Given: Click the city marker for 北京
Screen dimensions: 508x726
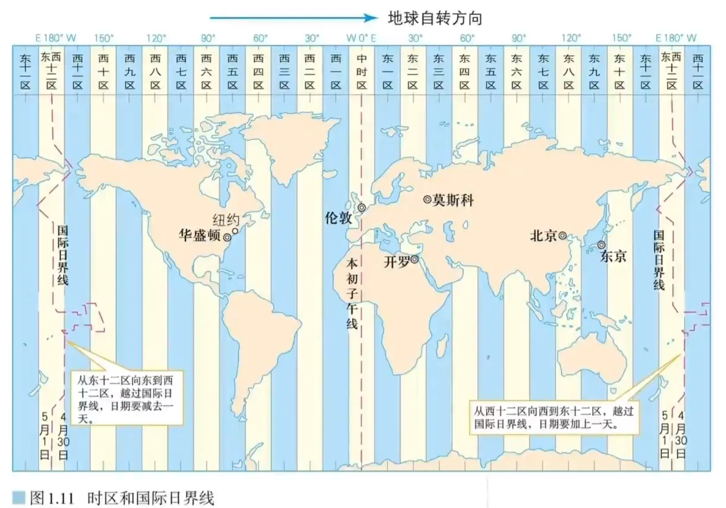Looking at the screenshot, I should pos(563,236).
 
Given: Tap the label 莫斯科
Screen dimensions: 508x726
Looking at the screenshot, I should pos(453,200).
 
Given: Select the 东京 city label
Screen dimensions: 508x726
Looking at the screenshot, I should pos(613,256).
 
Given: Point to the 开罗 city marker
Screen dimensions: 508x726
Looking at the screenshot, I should pos(415,260).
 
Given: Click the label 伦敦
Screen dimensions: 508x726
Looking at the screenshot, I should pos(338,217).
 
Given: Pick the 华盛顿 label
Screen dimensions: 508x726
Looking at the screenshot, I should pos(200,235).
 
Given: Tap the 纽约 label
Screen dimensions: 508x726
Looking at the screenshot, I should pos(226,219).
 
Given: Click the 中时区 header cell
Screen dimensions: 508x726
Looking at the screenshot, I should pos(362,71).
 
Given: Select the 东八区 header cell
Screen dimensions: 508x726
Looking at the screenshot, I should pos(569,71).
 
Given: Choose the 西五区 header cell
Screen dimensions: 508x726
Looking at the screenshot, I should pos(233,71).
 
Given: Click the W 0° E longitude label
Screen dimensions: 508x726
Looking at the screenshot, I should pos(361,38).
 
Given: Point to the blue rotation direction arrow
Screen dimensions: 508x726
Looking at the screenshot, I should pos(293,18).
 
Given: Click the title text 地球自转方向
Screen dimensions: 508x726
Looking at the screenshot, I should pos(435,19).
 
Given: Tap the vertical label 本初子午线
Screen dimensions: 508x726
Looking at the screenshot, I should pos(352,294).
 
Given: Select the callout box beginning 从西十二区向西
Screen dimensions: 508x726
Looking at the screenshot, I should pos(553,417).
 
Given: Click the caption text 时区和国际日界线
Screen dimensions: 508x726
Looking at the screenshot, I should pos(151,498).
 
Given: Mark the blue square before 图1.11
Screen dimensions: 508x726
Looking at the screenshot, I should pos(19,497).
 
